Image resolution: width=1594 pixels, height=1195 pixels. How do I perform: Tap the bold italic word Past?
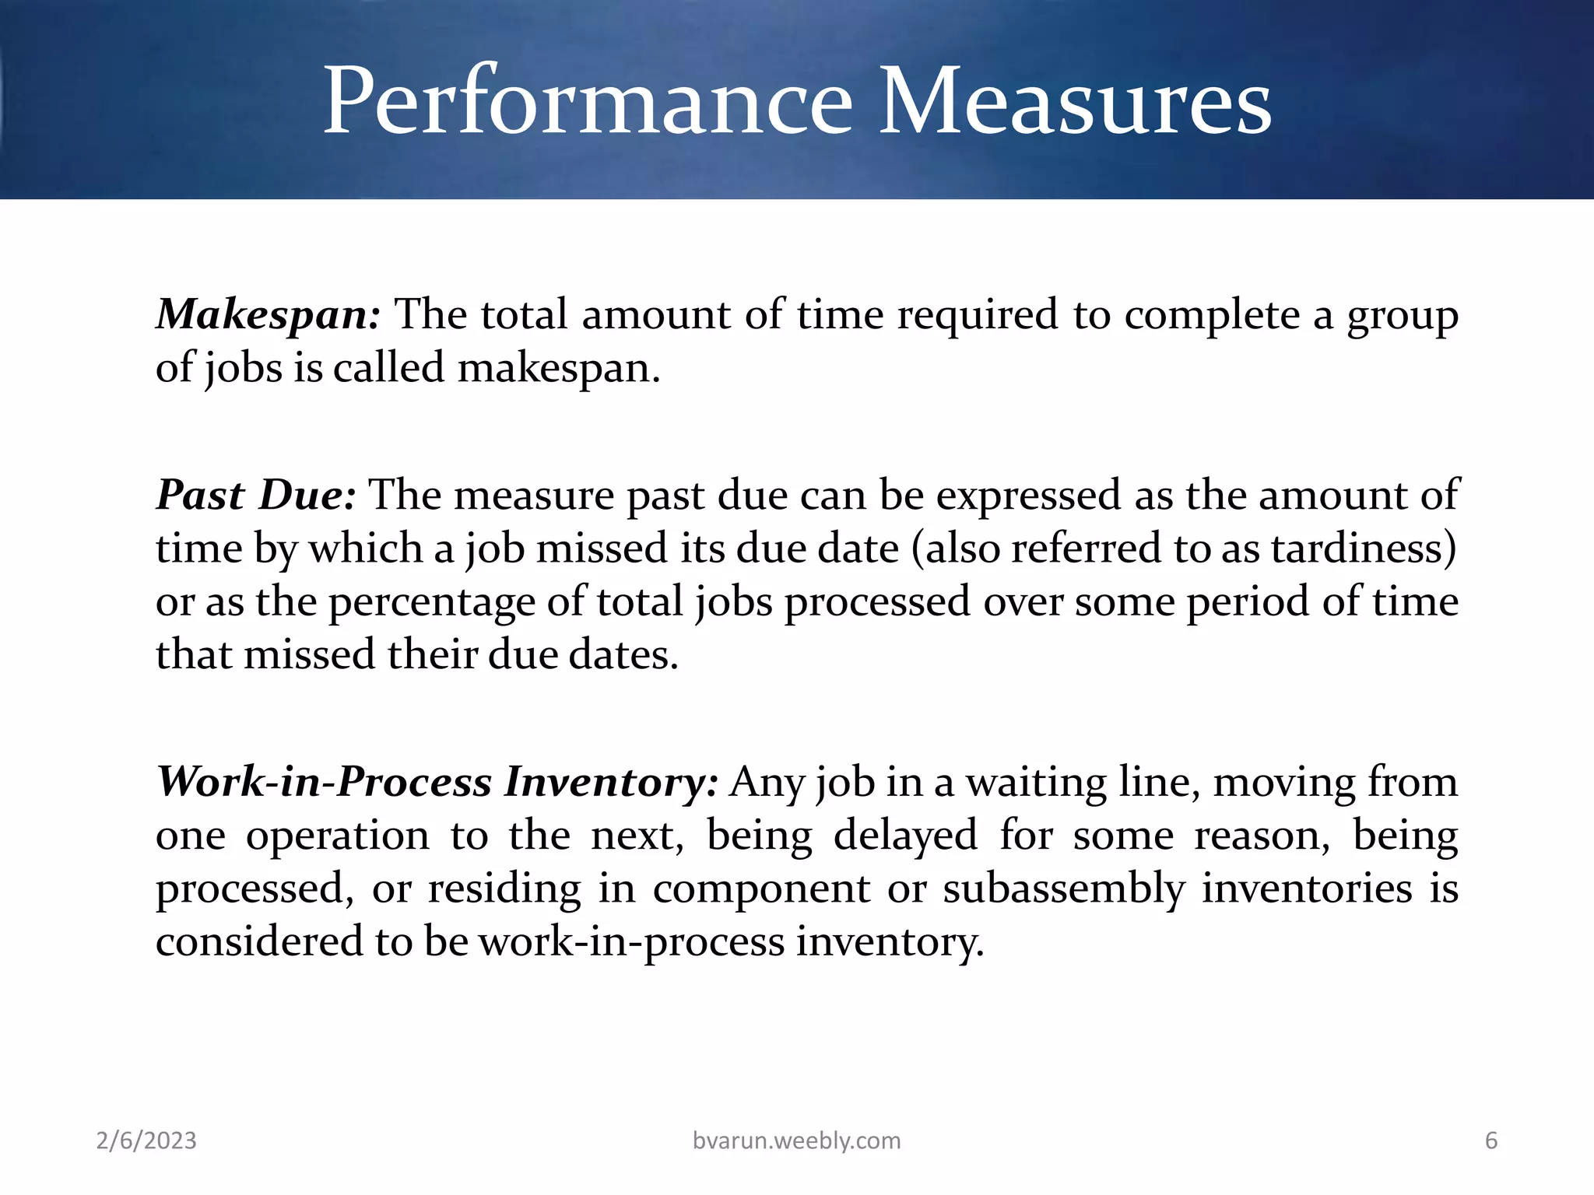coord(201,496)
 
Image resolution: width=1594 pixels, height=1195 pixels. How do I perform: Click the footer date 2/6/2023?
coord(146,1141)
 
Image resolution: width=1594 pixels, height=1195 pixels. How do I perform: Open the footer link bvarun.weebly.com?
coord(796,1141)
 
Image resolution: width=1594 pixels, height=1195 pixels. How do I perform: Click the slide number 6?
coord(1491,1141)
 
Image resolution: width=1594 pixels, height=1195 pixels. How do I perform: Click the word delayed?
coord(905,836)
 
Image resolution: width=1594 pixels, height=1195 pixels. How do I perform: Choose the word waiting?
coord(1036,783)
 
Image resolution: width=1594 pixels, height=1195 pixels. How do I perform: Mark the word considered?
coord(259,941)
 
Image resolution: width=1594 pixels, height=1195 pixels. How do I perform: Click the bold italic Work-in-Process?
coord(324,783)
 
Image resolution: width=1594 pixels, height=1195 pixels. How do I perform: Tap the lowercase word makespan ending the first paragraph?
coord(557,368)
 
